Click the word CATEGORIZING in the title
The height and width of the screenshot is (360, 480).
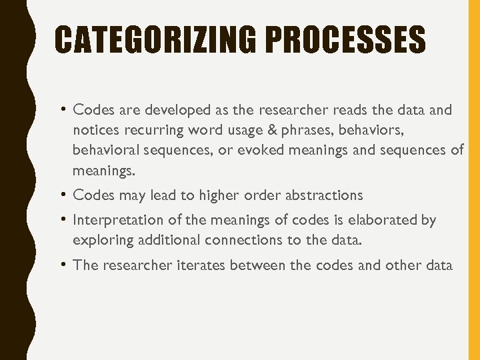[155, 40]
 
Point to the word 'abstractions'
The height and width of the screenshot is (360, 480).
[323, 195]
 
